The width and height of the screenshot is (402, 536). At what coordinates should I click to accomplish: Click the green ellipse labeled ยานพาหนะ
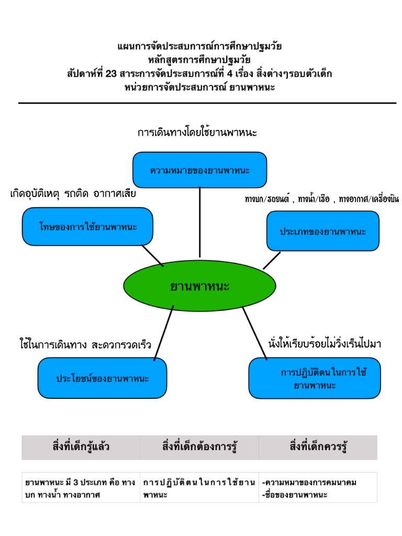(x=199, y=285)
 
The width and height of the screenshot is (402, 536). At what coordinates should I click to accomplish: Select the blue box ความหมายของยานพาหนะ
(x=199, y=170)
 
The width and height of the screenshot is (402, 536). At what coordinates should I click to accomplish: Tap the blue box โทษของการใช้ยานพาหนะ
(x=87, y=227)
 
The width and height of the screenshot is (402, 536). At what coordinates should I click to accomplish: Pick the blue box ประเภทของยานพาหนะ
(x=322, y=231)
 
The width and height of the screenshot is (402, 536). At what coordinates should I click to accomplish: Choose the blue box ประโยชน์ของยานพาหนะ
(x=102, y=378)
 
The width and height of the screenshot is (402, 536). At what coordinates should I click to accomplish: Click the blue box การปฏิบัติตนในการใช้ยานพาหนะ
(x=314, y=378)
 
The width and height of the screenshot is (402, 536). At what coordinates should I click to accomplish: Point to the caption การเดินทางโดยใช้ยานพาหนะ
(x=197, y=132)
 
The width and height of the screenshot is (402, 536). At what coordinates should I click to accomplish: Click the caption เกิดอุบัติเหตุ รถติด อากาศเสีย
(x=73, y=194)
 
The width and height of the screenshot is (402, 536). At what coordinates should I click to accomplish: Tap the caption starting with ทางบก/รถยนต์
(x=321, y=199)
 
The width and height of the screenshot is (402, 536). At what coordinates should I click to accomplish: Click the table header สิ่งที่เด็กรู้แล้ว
(x=81, y=447)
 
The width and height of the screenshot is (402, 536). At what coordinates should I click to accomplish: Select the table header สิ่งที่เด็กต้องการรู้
(x=199, y=447)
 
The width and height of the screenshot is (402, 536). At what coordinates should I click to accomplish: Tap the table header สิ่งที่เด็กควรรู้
(x=318, y=447)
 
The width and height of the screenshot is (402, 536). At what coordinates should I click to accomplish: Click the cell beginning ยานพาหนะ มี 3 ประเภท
(x=80, y=488)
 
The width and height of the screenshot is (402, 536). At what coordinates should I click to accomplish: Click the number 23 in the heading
(x=110, y=73)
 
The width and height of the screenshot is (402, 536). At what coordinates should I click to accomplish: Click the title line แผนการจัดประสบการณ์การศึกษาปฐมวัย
(x=199, y=46)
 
